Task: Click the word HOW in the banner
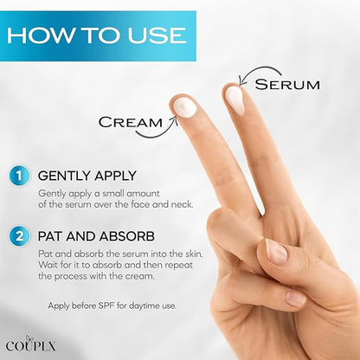pyautogui.click(x=39, y=35)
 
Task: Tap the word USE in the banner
pyautogui.click(x=157, y=35)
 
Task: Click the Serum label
pyautogui.click(x=287, y=84)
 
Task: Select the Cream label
pyautogui.click(x=131, y=122)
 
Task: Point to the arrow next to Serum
pyautogui.click(x=257, y=70)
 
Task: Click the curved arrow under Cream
pyautogui.click(x=157, y=134)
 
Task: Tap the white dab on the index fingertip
pyautogui.click(x=185, y=107)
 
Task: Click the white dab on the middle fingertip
pyautogui.click(x=235, y=100)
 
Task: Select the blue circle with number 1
pyautogui.click(x=19, y=176)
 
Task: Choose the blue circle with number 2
pyautogui.click(x=19, y=236)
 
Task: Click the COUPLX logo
pyautogui.click(x=30, y=344)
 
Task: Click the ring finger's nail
pyautogui.click(x=294, y=298)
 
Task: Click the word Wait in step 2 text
pyautogui.click(x=48, y=265)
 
